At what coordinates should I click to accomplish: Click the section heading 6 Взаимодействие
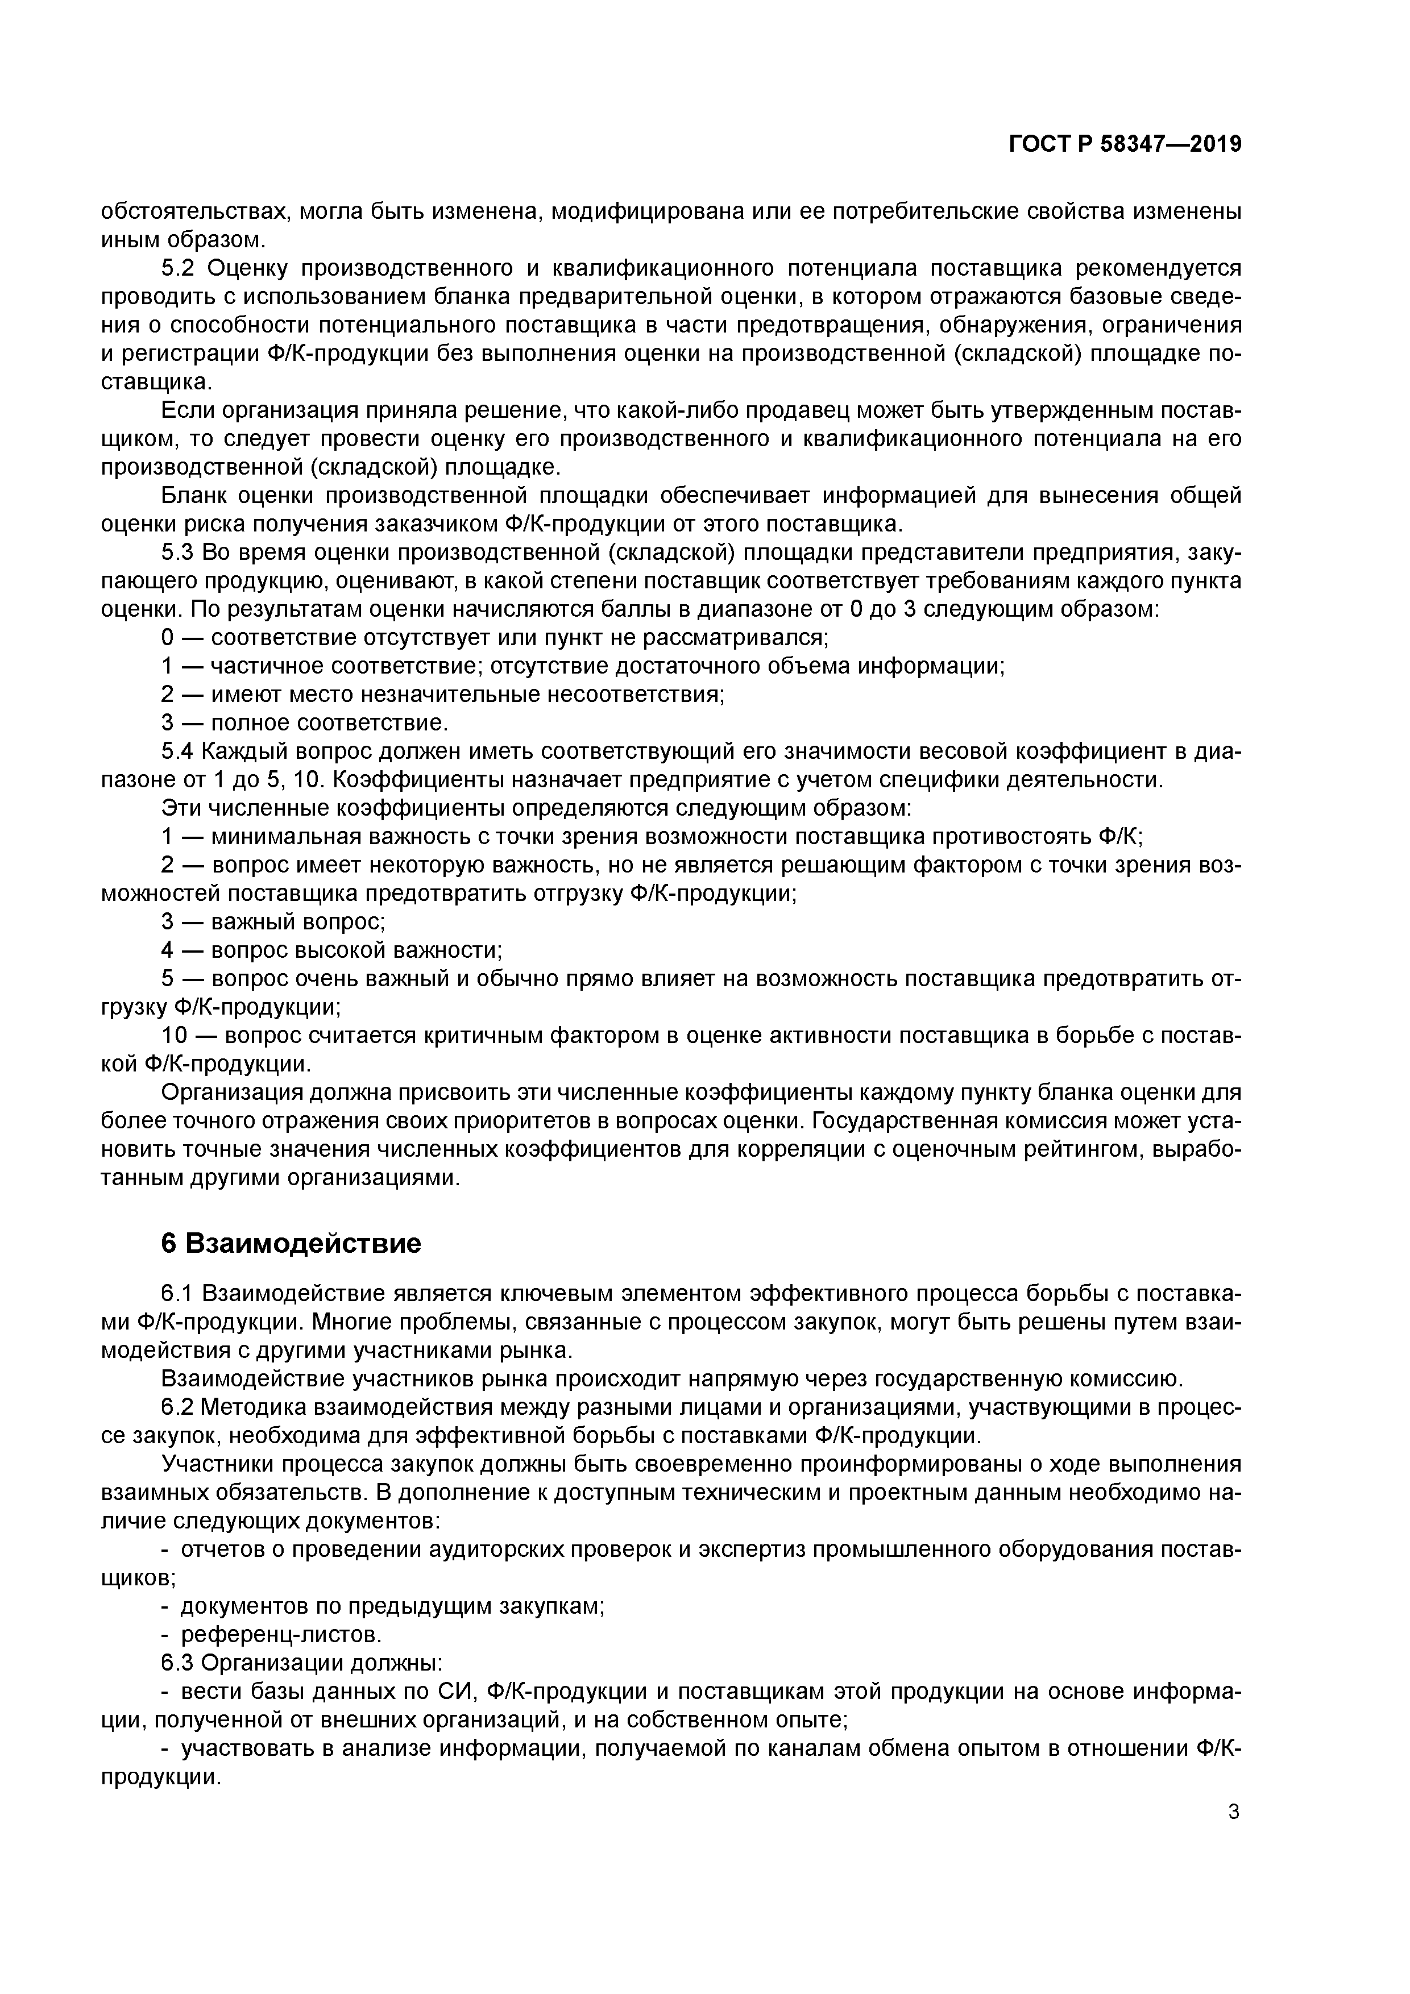[291, 1243]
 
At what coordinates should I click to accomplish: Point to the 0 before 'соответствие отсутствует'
[168, 637]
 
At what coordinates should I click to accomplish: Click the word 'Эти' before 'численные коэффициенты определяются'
[181, 808]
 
